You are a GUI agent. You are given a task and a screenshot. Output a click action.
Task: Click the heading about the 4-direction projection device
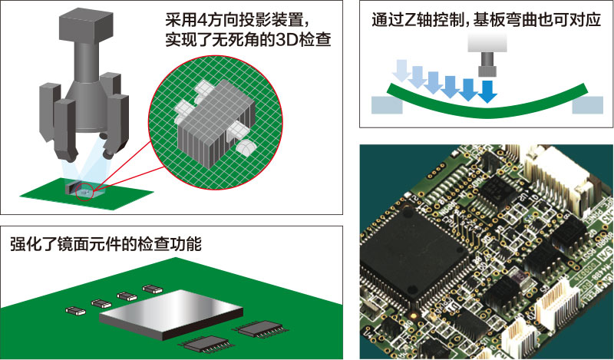[248, 30]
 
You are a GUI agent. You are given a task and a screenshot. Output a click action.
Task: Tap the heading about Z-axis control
[486, 19]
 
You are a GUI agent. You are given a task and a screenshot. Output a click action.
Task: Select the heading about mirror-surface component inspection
[106, 243]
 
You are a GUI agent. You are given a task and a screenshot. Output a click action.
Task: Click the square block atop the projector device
[86, 25]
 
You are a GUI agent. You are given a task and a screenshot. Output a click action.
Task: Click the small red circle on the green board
[85, 192]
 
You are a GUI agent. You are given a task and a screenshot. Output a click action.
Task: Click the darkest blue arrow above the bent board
[487, 91]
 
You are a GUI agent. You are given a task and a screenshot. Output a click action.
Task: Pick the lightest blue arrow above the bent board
[402, 71]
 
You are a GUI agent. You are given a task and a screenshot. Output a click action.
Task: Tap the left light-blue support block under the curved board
[387, 105]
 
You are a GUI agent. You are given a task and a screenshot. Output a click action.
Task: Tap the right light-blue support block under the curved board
[588, 105]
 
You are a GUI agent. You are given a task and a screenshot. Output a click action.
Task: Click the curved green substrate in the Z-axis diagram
[487, 103]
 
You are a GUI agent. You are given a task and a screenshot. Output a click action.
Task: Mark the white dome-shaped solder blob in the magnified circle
[246, 147]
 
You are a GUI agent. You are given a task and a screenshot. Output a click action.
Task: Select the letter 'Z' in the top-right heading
[409, 20]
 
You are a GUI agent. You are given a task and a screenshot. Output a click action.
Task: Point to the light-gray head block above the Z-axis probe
[487, 43]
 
